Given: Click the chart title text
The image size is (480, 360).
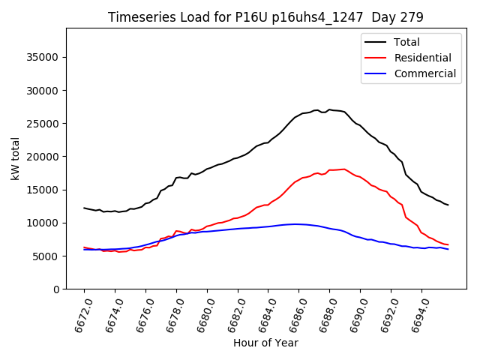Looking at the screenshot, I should pos(265,17).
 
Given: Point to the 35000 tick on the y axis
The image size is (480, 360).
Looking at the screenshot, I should pos(44,57).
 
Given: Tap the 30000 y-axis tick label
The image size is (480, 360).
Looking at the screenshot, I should pos(44,91).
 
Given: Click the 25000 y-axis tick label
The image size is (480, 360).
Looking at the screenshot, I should pos(44,124).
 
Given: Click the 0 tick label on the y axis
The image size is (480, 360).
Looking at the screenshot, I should pos(57,289).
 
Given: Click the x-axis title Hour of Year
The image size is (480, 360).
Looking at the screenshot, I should pos(265,343).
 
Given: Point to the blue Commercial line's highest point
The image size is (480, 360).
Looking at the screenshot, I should pos(297,223).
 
